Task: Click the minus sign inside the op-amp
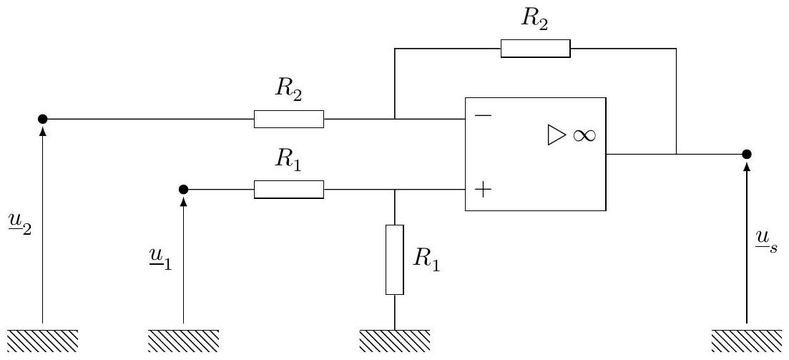483,115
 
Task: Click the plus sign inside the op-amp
483,190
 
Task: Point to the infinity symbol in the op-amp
583,135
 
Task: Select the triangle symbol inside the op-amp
556,135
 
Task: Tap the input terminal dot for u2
43,119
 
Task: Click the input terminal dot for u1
184,190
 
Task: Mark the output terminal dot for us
747,154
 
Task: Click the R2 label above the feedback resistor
534,20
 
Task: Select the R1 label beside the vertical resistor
426,260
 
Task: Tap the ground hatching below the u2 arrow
43,341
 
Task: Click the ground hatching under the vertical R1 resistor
395,341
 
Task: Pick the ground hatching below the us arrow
747,341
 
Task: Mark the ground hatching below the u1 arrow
184,341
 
